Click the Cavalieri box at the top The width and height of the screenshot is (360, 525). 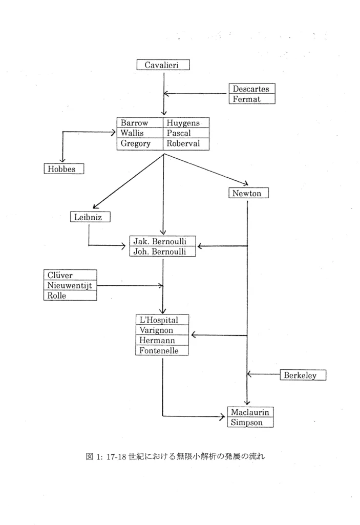pyautogui.click(x=163, y=65)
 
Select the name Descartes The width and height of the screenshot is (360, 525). pyautogui.click(x=251, y=89)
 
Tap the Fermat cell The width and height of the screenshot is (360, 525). pyautogui.click(x=252, y=99)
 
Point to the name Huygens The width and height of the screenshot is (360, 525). pyautogui.click(x=183, y=123)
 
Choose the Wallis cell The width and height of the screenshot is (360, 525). pyautogui.click(x=140, y=133)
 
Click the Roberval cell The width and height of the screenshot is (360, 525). pyautogui.click(x=186, y=143)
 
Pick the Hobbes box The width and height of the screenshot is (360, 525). pyautogui.click(x=63, y=169)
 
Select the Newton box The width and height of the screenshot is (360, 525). pyautogui.click(x=248, y=193)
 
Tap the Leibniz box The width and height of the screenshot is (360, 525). pyautogui.click(x=90, y=217)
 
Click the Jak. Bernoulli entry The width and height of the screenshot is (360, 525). pyautogui.click(x=162, y=241)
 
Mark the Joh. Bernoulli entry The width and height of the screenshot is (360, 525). pyautogui.click(x=162, y=251)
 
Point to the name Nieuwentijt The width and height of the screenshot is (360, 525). pyautogui.click(x=69, y=286)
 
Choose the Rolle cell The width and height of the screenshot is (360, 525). pyautogui.click(x=70, y=296)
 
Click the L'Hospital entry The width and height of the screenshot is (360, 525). pyautogui.click(x=162, y=320)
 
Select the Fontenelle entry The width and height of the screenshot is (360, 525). pyautogui.click(x=162, y=350)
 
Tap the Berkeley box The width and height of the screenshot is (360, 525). pyautogui.click(x=303, y=375)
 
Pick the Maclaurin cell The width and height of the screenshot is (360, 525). pyautogui.click(x=250, y=412)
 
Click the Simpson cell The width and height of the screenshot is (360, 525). pyautogui.click(x=250, y=422)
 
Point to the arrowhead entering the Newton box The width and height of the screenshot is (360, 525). pyautogui.click(x=246, y=183)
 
